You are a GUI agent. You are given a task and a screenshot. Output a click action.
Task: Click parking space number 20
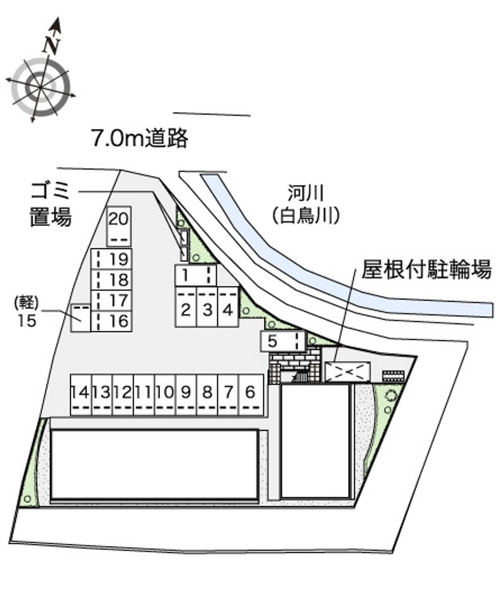coord(118,226)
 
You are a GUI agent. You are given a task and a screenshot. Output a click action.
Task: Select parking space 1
coord(195,275)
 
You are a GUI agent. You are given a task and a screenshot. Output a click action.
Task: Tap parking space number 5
coord(282,341)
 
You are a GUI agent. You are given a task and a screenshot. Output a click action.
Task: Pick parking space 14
coord(81,395)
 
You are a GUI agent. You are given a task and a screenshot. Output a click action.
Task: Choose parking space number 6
coord(251,395)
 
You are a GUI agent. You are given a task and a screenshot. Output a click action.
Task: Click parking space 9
coord(186,395)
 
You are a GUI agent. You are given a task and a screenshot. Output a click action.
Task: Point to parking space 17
coord(111,301)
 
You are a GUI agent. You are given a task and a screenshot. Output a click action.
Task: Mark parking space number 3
coord(207,306)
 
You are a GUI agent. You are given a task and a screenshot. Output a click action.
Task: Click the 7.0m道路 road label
coord(140,138)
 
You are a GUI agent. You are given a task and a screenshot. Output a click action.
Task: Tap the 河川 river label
coord(305,194)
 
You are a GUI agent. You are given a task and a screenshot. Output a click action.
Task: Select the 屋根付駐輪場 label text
coord(427,269)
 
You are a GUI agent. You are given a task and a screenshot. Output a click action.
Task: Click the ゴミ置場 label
coord(50,204)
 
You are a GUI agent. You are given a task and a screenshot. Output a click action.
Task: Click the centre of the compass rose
coord(40,87)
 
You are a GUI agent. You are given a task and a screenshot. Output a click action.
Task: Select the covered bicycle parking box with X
coord(348,372)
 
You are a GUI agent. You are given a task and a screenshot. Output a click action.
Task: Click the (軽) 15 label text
coord(26,311)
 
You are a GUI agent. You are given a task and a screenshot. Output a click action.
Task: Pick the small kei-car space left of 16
coord(81,318)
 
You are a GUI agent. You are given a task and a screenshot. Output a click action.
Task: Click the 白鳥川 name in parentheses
coord(305,216)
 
